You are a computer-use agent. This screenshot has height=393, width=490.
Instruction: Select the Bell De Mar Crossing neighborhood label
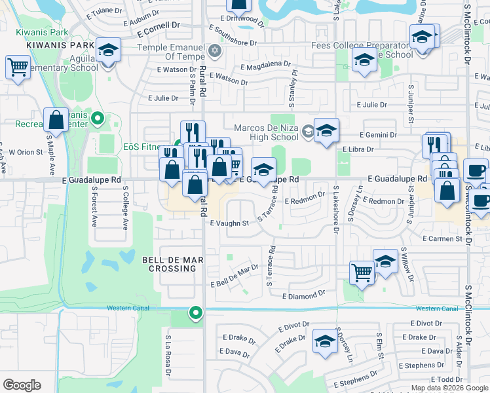pos(172,264)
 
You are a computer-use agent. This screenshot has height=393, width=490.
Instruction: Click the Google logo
pos(22,385)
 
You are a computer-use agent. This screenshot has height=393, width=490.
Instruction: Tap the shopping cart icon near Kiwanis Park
pos(18,67)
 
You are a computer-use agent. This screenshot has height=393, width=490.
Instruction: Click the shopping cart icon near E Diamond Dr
pos(362,272)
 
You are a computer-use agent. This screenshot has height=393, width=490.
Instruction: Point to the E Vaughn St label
pos(229,223)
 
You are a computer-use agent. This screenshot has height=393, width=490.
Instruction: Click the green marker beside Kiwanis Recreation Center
pos(98,119)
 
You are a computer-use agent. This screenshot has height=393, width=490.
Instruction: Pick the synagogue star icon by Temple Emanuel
pos(214,50)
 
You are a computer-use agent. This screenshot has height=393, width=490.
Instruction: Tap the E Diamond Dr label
pos(303,296)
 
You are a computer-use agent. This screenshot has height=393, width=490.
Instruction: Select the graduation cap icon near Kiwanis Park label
pos(107,50)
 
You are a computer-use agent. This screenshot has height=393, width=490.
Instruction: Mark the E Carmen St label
pos(442,239)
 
